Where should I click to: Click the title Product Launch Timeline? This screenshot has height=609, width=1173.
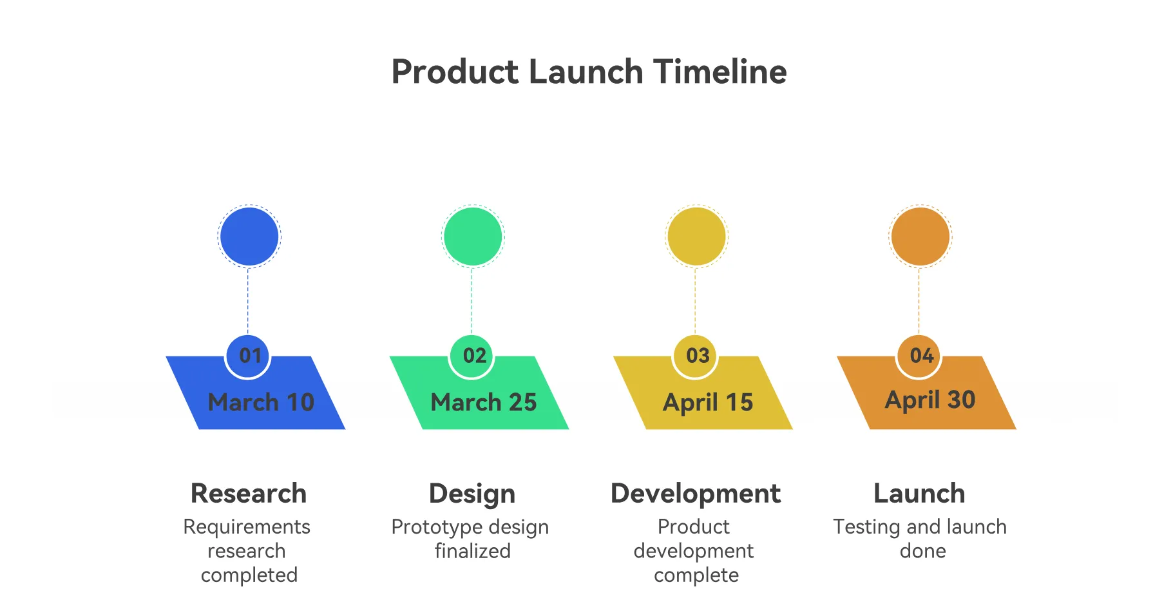tap(589, 72)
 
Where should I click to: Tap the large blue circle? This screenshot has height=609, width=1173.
tap(249, 237)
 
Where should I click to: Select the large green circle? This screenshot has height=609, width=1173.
tap(473, 237)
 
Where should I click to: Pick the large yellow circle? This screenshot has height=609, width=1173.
tap(696, 237)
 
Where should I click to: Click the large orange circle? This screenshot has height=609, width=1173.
tap(920, 237)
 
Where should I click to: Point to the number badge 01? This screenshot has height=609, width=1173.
tap(248, 356)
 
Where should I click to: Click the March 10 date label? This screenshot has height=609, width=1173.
tap(261, 402)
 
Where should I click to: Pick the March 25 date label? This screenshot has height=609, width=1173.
tap(484, 402)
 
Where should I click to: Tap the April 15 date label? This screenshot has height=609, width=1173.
tap(708, 403)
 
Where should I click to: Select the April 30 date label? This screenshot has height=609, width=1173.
tap(930, 400)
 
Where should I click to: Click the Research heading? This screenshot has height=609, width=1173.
tap(249, 494)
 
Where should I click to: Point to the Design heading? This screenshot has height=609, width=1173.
tap(472, 494)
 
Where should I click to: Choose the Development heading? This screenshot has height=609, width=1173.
tap(696, 494)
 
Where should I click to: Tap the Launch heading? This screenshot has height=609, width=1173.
tap(919, 494)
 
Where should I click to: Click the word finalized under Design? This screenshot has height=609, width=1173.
tap(473, 551)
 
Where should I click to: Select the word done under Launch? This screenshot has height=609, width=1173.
tap(923, 551)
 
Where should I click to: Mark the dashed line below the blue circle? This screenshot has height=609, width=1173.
tap(248, 301)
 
